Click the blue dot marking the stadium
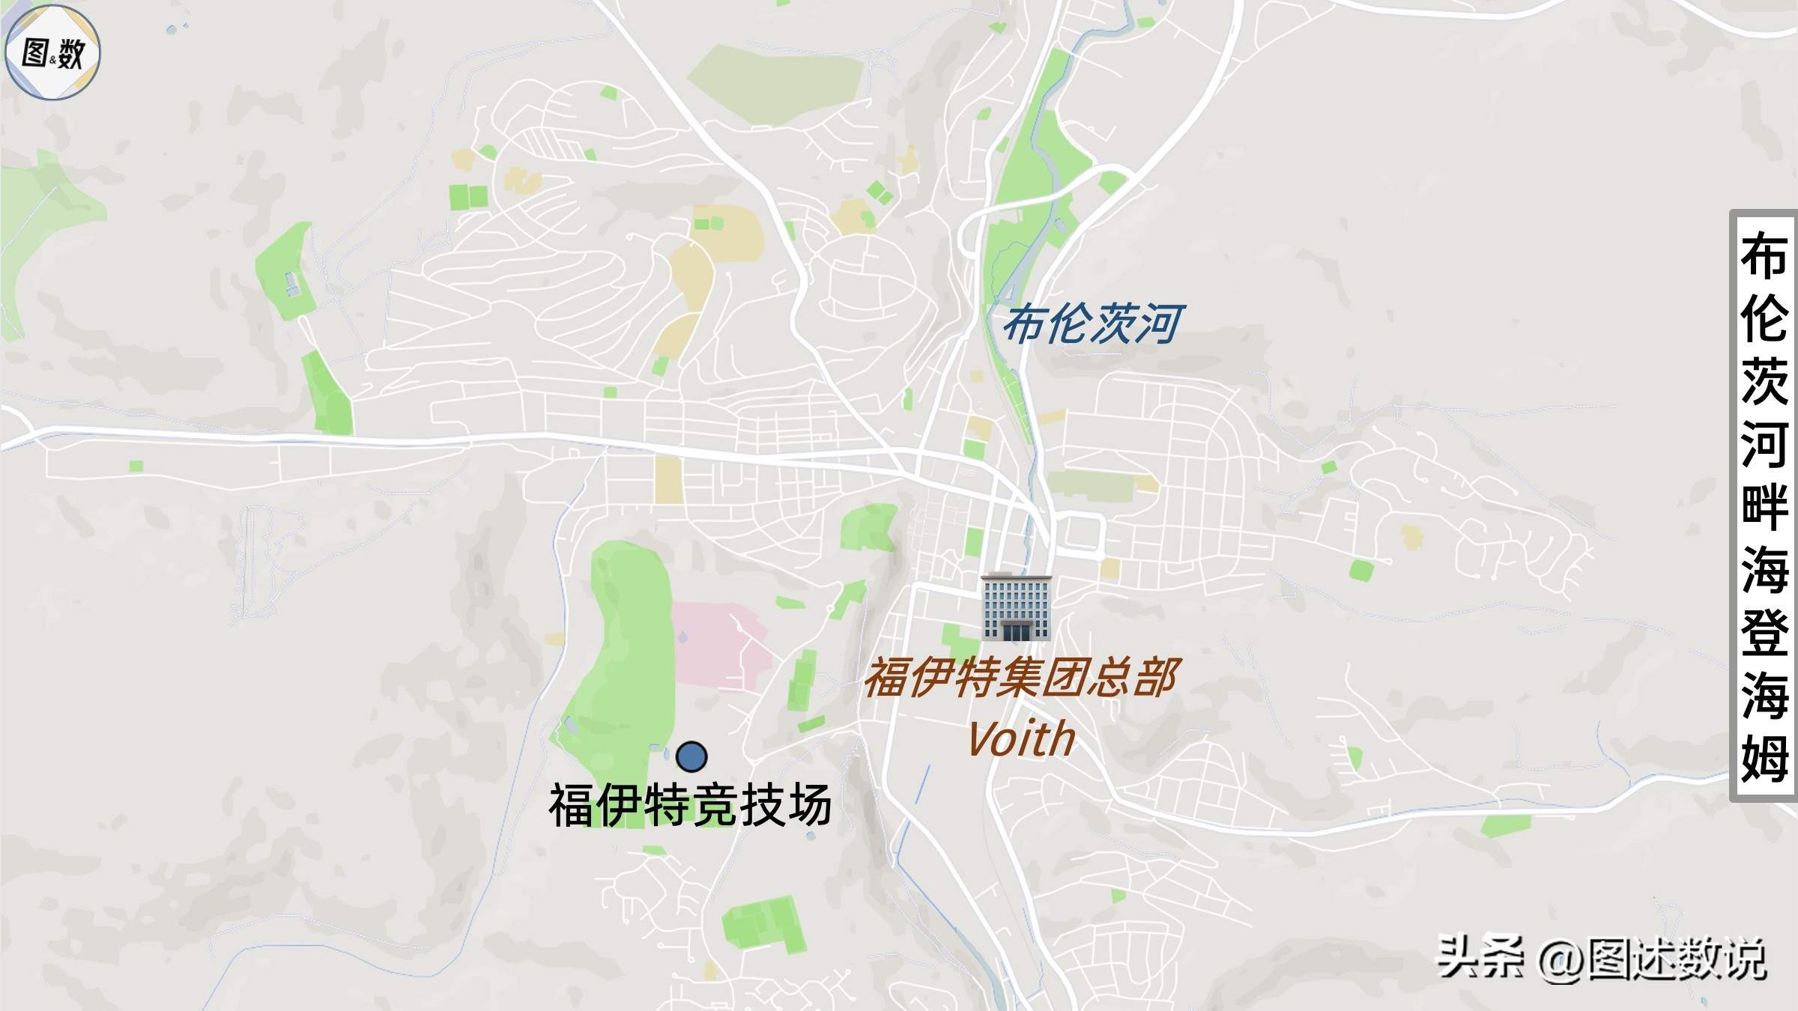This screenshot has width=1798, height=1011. click(691, 756)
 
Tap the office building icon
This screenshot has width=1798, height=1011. click(1016, 607)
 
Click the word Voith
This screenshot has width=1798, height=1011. click(1021, 739)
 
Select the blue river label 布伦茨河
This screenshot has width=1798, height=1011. click(1092, 325)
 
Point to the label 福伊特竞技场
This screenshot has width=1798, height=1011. click(690, 805)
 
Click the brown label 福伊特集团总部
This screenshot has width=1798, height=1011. click(1022, 678)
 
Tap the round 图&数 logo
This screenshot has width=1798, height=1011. click(52, 52)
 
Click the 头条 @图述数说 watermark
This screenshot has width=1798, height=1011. click(1601, 958)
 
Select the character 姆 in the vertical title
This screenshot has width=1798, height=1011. click(1764, 758)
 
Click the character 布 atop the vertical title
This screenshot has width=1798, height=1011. click(1764, 256)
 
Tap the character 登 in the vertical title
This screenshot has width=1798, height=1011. click(1764, 633)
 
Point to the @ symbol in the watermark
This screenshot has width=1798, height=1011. click(1561, 960)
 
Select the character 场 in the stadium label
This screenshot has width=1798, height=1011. click(809, 805)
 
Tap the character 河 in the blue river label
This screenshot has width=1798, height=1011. click(1160, 325)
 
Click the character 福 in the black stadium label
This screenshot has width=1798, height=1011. click(572, 805)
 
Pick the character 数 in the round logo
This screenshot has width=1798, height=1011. click(70, 54)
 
